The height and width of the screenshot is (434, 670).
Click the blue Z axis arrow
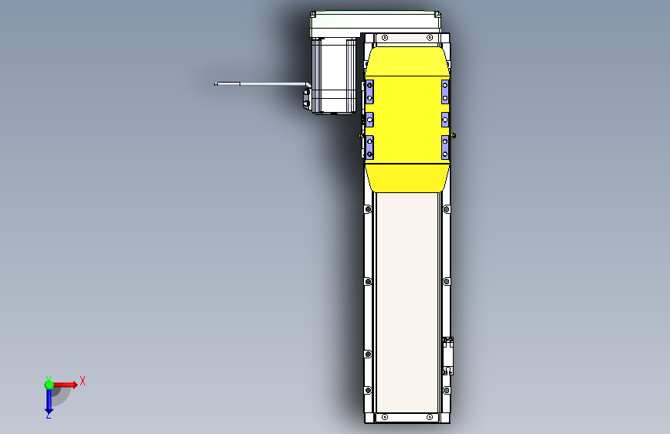[x=48, y=400]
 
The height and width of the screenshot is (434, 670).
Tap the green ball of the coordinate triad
[x=49, y=384]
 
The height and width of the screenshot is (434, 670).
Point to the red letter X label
[x=82, y=381]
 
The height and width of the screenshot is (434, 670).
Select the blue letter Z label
[x=48, y=415]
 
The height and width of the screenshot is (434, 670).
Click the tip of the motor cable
[x=216, y=83]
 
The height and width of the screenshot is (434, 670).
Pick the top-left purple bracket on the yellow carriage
[x=369, y=91]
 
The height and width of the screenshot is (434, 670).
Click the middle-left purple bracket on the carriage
[x=369, y=120]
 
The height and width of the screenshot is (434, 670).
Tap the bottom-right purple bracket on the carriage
[x=445, y=146]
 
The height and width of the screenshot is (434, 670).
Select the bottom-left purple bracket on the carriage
[x=369, y=146]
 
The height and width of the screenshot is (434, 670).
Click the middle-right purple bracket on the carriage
[x=445, y=120]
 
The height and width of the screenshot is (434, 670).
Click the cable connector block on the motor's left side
[x=306, y=99]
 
